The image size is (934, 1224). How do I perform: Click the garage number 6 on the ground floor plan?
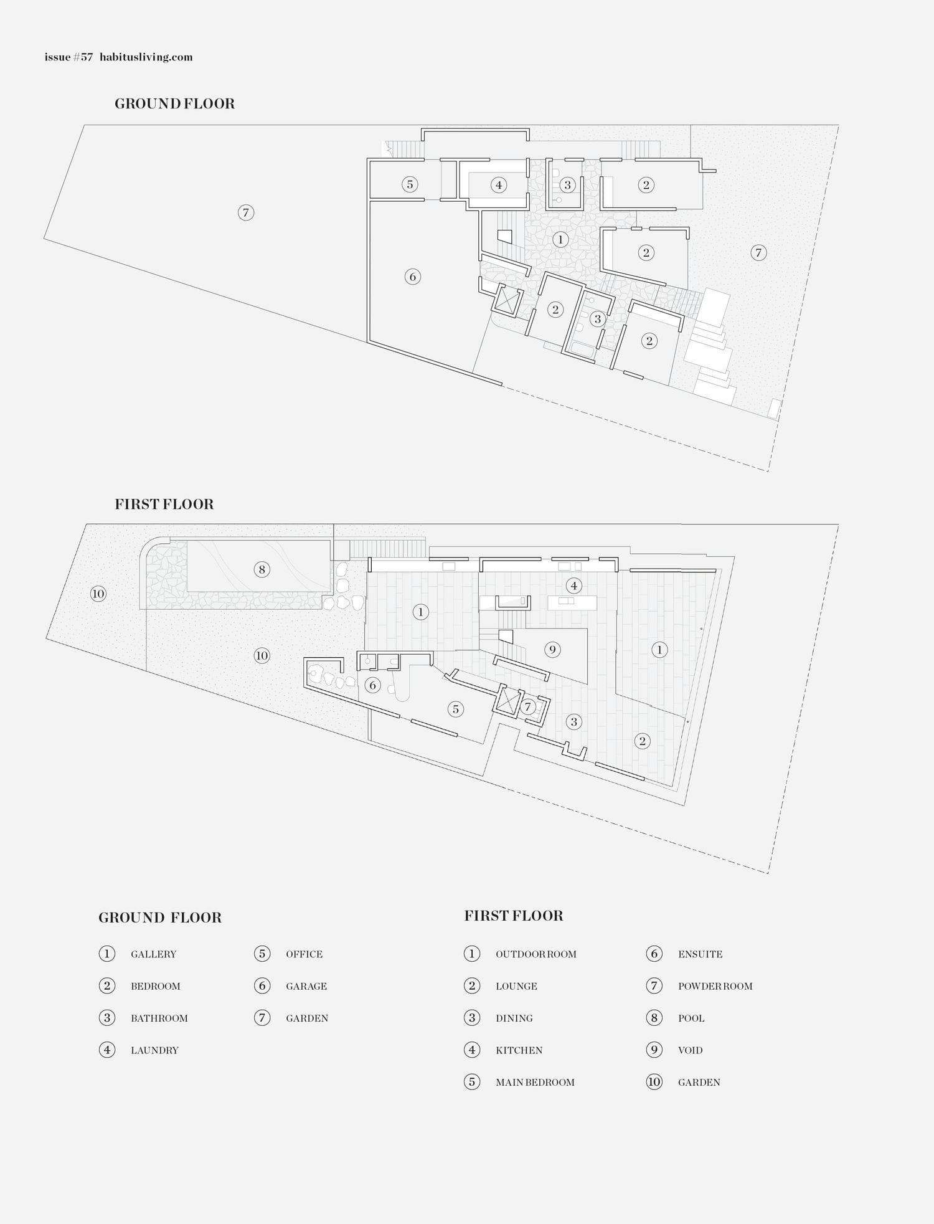(413, 277)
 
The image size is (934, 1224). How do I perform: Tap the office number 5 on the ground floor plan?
(410, 184)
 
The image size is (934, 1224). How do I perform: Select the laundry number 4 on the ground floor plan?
(498, 185)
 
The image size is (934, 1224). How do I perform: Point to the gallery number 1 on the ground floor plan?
(560, 239)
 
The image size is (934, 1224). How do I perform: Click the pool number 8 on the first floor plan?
(262, 569)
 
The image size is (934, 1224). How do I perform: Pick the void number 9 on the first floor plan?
(552, 650)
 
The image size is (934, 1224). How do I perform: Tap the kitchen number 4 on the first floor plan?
(574, 586)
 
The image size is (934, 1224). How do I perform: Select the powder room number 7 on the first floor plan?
(527, 707)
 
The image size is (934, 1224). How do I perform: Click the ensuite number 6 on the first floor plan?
(373, 686)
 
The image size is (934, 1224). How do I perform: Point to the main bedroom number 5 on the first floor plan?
(456, 709)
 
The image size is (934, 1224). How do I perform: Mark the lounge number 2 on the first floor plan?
(642, 741)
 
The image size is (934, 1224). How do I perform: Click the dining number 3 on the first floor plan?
(573, 722)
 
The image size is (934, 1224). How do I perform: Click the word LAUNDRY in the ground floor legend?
(154, 1050)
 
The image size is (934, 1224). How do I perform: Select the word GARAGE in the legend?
(306, 986)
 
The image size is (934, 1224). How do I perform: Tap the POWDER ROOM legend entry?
(715, 986)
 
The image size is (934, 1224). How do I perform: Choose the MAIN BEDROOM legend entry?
(535, 1082)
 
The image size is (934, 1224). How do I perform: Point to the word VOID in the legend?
(690, 1050)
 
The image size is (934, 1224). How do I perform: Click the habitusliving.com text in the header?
(146, 57)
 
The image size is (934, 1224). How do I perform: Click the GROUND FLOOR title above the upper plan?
(174, 104)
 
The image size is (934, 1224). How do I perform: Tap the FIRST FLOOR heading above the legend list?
(514, 916)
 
